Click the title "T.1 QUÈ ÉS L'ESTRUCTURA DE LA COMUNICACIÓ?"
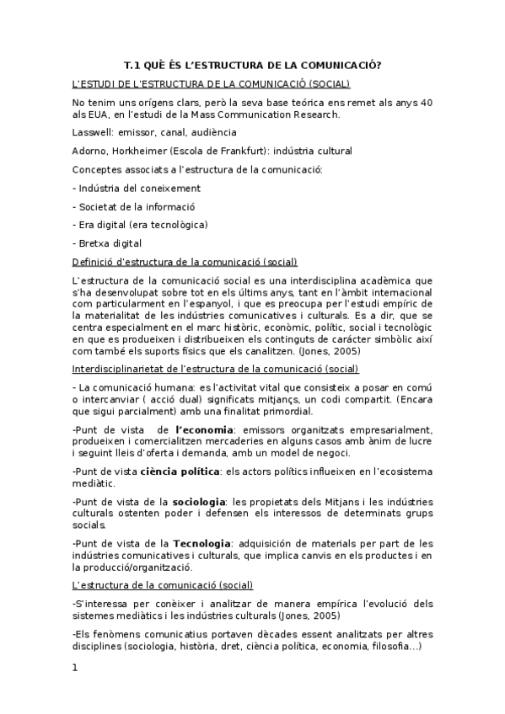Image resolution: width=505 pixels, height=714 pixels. [252, 65]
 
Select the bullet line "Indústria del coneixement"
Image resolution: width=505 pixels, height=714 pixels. [137, 188]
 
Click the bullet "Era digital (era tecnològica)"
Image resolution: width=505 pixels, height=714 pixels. [140, 225]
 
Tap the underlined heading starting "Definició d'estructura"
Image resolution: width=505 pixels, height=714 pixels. [191, 261]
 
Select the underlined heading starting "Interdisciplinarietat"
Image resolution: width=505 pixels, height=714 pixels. [215, 369]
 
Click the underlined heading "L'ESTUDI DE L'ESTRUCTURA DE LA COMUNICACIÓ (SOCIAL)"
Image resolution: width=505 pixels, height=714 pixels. [211, 83]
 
